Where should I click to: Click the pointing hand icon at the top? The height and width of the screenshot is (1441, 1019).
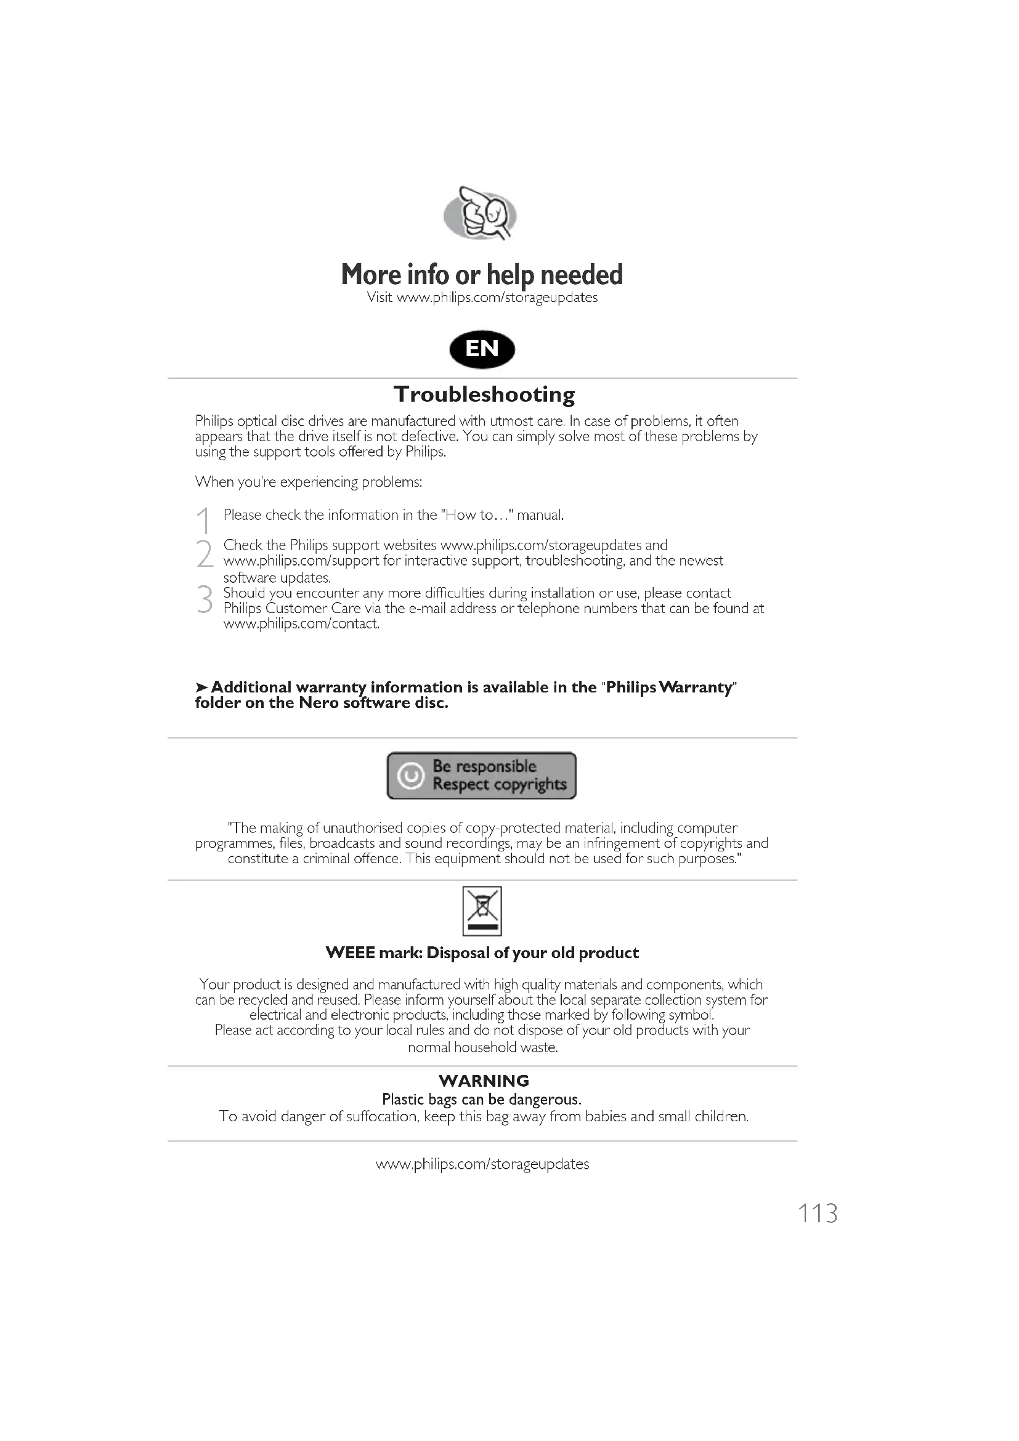pyautogui.click(x=480, y=213)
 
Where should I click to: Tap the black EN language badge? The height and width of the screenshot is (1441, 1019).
pyautogui.click(x=482, y=349)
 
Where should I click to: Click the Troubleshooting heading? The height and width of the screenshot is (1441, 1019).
pyautogui.click(x=484, y=394)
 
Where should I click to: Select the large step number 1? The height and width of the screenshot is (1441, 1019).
pyautogui.click(x=203, y=521)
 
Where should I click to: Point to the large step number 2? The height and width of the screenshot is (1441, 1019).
pyautogui.click(x=205, y=554)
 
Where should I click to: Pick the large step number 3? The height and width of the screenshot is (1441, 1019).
pyautogui.click(x=205, y=599)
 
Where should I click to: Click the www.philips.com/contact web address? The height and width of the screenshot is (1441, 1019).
pyautogui.click(x=301, y=624)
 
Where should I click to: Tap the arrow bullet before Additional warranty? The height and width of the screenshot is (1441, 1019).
pyautogui.click(x=201, y=688)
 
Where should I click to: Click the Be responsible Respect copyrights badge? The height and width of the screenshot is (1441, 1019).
pyautogui.click(x=481, y=775)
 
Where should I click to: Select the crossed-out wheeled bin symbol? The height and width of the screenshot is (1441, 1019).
pyautogui.click(x=482, y=911)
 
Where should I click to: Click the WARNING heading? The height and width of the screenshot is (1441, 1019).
pyautogui.click(x=484, y=1081)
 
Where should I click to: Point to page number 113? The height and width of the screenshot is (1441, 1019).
pyautogui.click(x=817, y=1214)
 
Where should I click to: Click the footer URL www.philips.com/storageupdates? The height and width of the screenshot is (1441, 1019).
pyautogui.click(x=482, y=1164)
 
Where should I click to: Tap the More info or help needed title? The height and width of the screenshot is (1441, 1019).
pyautogui.click(x=482, y=275)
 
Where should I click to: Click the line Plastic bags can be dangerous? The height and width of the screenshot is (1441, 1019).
pyautogui.click(x=482, y=1100)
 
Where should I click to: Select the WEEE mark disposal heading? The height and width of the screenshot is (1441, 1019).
pyautogui.click(x=482, y=952)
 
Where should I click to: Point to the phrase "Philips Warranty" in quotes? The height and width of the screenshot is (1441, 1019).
pyautogui.click(x=668, y=688)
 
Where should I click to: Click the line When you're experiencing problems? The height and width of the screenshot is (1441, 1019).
pyautogui.click(x=309, y=482)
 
